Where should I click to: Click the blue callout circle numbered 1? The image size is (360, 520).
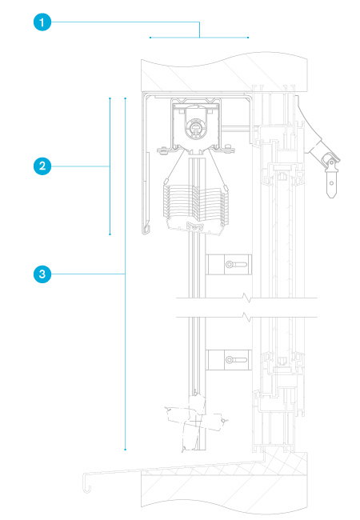(x=42, y=22)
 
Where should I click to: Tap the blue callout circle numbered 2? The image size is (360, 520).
(x=42, y=166)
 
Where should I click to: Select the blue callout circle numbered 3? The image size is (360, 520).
(x=42, y=274)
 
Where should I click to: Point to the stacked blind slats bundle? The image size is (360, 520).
(x=195, y=205)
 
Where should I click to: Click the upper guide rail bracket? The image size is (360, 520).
(x=228, y=265)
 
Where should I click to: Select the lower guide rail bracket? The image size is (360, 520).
(x=228, y=360)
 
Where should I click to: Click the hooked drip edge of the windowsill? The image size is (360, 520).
(x=87, y=483)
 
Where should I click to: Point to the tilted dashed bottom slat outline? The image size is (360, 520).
(x=195, y=420)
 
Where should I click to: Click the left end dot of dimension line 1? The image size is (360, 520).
(x=150, y=38)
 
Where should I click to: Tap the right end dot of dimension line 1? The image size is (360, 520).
(x=248, y=38)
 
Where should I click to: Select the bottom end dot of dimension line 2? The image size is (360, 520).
(x=110, y=234)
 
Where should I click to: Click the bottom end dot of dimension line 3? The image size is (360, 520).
(x=126, y=450)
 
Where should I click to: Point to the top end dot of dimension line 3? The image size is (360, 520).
(x=126, y=98)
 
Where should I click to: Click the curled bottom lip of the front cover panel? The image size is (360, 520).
(x=146, y=229)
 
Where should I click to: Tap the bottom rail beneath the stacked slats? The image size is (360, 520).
(x=194, y=227)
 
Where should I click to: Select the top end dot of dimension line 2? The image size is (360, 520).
(x=110, y=98)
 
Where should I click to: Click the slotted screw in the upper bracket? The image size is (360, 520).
(x=236, y=265)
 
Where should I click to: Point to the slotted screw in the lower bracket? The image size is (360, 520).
(x=236, y=360)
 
